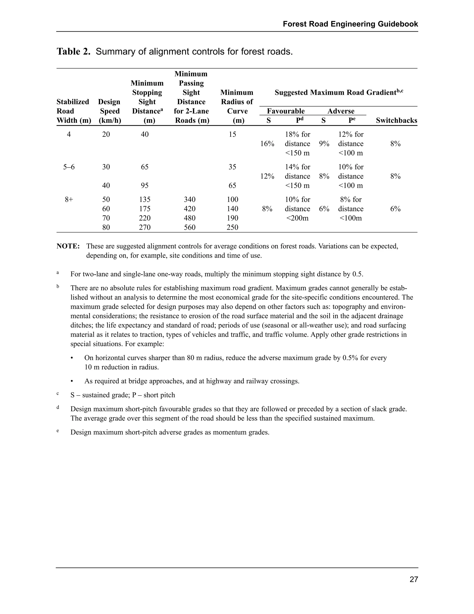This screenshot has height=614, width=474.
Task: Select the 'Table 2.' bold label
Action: coord(74,52)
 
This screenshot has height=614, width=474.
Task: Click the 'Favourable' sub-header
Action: coord(286,111)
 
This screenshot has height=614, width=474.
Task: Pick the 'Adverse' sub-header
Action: coord(341,111)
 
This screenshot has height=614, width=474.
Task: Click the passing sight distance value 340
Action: coord(190,199)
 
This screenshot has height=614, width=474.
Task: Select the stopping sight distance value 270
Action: coord(145,227)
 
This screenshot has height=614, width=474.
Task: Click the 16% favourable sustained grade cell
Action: coord(267,144)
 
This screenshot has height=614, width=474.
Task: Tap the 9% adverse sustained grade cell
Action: coord(324,144)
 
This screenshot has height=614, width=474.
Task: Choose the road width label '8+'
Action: coord(69,199)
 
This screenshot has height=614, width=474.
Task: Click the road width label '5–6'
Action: coord(69,167)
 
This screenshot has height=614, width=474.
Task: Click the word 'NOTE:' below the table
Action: coord(68,246)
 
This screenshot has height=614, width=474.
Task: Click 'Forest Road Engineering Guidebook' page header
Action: coord(350,24)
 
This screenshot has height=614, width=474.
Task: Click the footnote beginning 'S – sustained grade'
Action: coord(122,395)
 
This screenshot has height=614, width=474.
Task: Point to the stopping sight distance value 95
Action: coord(145,186)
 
